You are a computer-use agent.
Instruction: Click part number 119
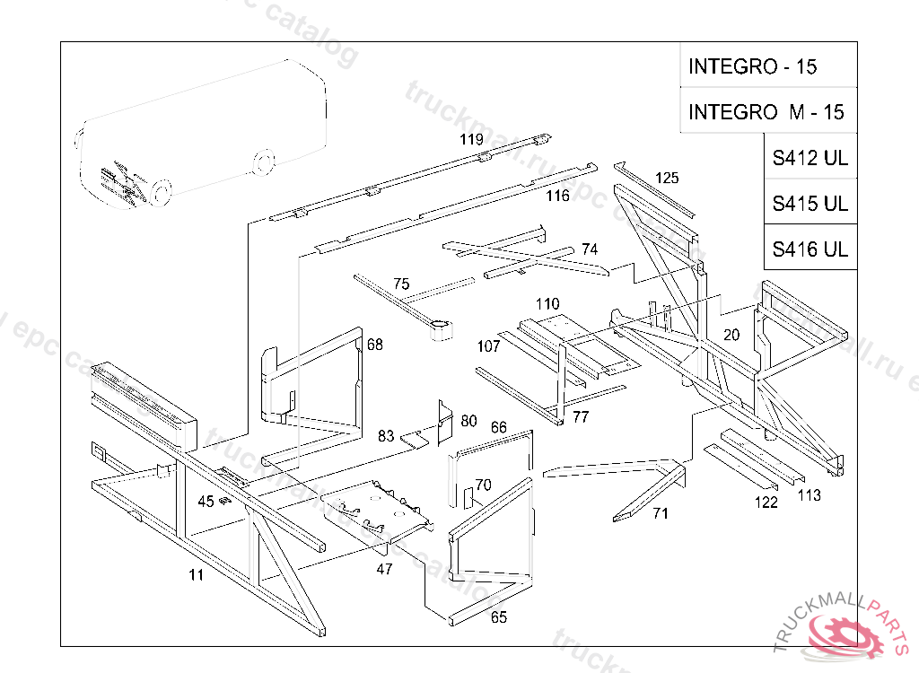tap(471, 139)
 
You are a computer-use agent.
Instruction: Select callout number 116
tap(558, 196)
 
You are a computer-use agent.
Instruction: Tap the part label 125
tap(667, 178)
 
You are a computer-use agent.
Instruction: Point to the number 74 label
tap(589, 249)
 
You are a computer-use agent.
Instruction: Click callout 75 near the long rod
tap(401, 284)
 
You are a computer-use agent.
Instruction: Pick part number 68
tap(374, 345)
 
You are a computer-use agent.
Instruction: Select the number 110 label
tap(547, 304)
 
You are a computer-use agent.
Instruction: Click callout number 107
tap(488, 346)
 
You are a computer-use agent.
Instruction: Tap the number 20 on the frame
tap(731, 335)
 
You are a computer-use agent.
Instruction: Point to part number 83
tap(386, 436)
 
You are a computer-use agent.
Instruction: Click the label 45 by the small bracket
tap(206, 502)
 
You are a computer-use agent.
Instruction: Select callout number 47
tap(384, 567)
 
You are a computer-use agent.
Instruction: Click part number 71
tap(661, 513)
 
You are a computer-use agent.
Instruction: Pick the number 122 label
tap(766, 503)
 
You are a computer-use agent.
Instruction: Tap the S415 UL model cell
tap(810, 204)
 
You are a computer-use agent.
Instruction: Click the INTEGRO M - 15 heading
tap(766, 112)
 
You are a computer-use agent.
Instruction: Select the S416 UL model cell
tap(810, 249)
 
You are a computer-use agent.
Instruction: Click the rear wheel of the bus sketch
tap(263, 163)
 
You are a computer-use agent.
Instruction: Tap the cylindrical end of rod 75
tap(439, 330)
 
